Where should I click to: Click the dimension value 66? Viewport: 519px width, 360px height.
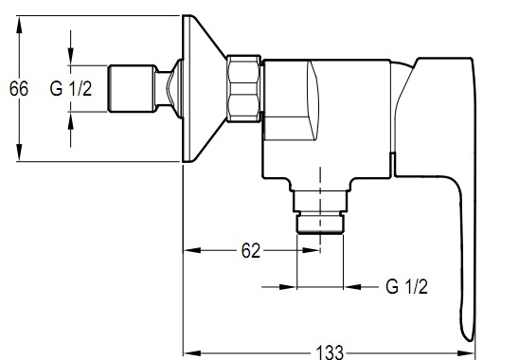(x=19, y=89)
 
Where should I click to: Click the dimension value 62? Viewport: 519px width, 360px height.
(x=251, y=251)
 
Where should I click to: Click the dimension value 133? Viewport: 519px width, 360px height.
(x=331, y=352)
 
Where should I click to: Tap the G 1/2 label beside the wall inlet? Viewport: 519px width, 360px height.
(x=71, y=89)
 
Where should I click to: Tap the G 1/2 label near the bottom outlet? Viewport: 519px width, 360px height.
(x=407, y=286)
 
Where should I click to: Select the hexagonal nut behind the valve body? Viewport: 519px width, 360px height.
(x=243, y=88)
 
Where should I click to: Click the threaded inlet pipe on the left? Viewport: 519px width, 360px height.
(x=132, y=88)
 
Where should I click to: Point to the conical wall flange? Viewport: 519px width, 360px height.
(x=203, y=88)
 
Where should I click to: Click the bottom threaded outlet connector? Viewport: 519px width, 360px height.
(x=320, y=212)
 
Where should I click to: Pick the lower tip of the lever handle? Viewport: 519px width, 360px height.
(x=470, y=340)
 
